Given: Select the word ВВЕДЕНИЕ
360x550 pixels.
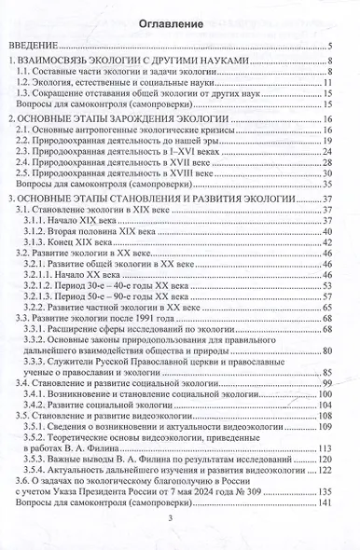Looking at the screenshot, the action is pos(34,45).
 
